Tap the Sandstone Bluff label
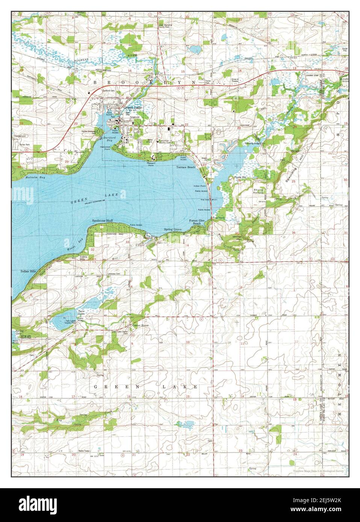click(103, 221)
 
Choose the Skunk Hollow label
click(260, 192)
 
